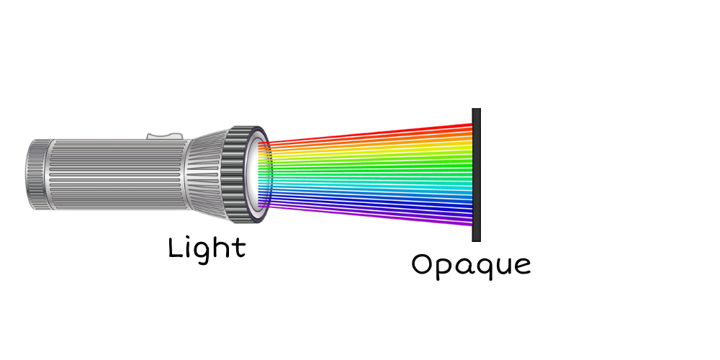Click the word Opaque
click(x=471, y=266)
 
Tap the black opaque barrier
click(x=476, y=175)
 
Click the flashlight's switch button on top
click(x=164, y=136)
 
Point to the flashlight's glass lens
click(x=256, y=175)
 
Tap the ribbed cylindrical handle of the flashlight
click(x=119, y=174)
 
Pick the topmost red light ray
click(x=366, y=134)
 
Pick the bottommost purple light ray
click(x=366, y=215)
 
